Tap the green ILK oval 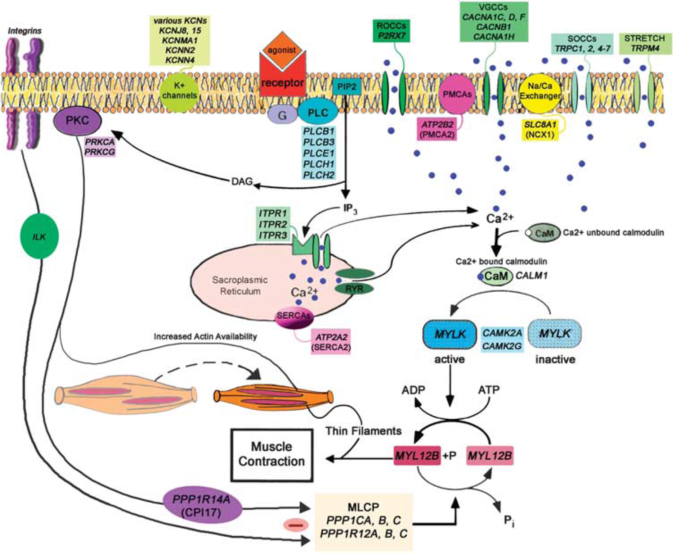[x=39, y=236]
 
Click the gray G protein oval [x=282, y=115]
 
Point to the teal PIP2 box [x=346, y=87]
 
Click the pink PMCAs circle [x=457, y=94]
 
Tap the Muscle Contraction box [x=272, y=455]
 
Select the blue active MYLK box [x=450, y=334]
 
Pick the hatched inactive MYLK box [x=555, y=334]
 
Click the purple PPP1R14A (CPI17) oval [x=202, y=505]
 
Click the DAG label [x=242, y=181]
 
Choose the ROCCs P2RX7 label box [x=391, y=31]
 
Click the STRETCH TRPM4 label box [x=645, y=44]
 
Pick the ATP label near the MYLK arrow [x=488, y=390]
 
